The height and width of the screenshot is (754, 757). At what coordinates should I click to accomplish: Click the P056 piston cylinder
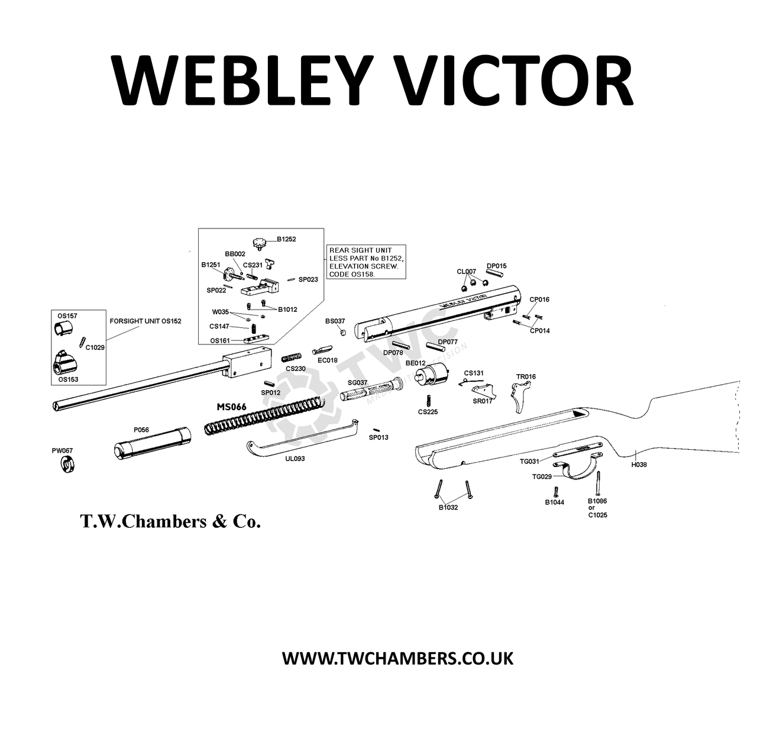153,443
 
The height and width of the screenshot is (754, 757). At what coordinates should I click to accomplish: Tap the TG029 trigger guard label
542,476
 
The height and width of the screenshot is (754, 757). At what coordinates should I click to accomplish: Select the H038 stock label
639,465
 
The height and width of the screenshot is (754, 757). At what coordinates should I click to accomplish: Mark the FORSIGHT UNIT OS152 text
145,321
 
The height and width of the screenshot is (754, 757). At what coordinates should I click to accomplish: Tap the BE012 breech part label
416,363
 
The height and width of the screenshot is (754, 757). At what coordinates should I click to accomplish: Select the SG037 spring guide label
358,382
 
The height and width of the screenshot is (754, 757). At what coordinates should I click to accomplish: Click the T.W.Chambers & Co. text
170,521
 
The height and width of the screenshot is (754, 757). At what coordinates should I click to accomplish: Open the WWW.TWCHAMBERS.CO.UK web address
397,658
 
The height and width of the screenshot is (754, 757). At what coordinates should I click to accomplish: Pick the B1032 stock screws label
448,507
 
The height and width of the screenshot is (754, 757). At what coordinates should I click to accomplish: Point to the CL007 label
466,271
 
